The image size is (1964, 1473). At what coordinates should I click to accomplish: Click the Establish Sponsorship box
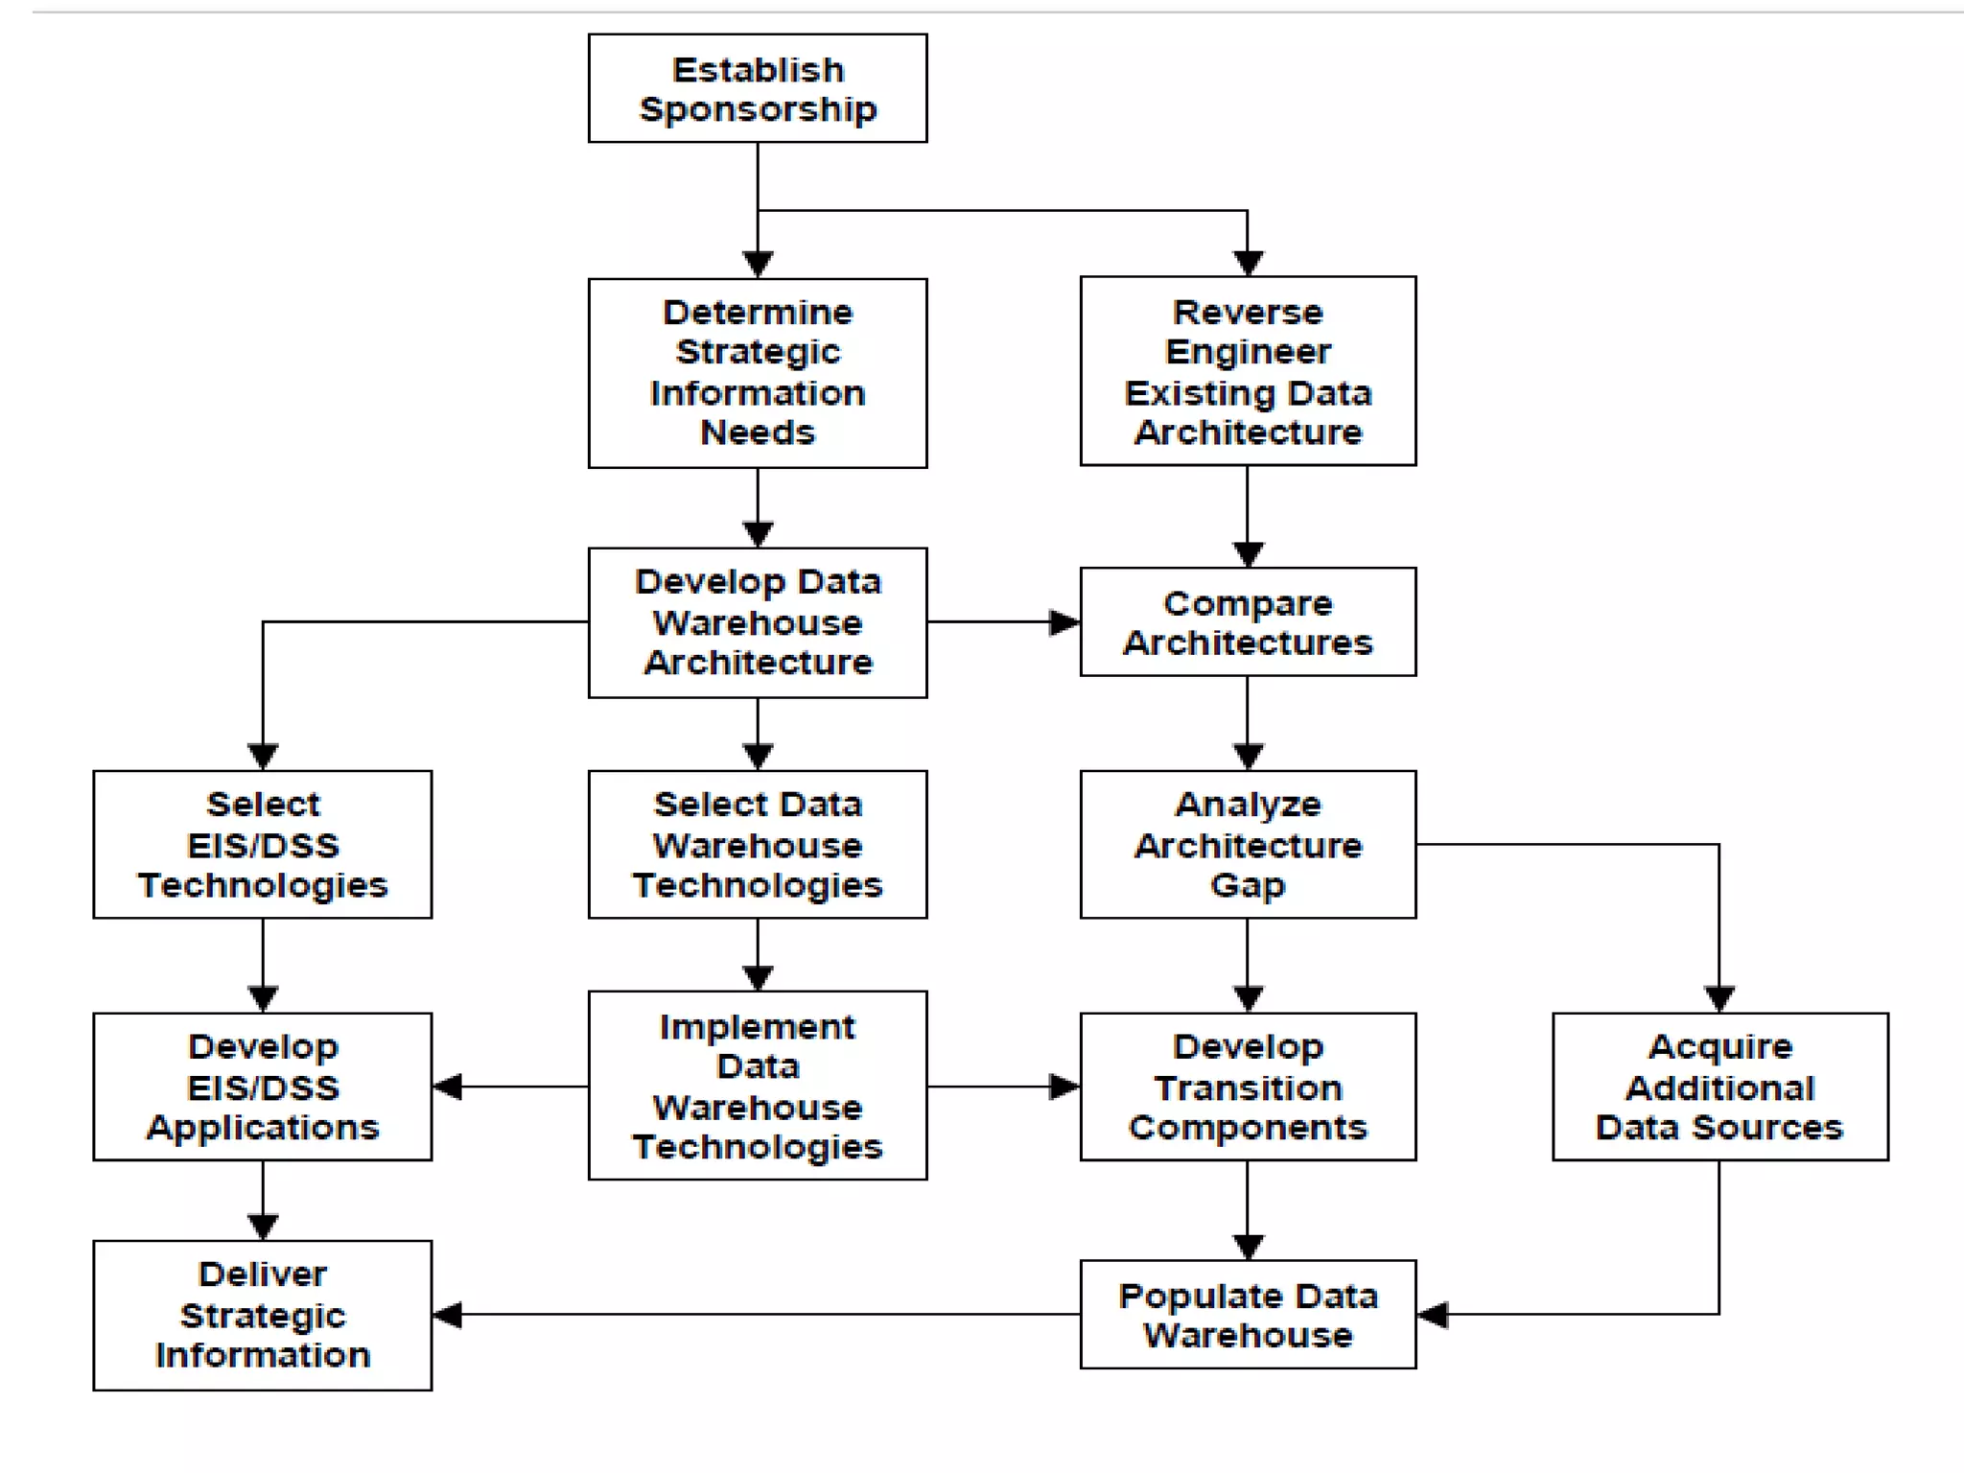[758, 88]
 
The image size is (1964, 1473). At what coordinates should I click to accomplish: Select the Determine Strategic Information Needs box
[758, 373]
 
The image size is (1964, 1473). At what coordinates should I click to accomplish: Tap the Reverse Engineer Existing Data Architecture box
[1248, 371]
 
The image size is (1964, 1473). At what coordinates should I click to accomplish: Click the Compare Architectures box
[1248, 621]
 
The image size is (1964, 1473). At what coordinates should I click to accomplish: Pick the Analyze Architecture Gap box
[1248, 844]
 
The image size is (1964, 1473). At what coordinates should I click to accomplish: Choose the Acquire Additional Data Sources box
[1719, 1087]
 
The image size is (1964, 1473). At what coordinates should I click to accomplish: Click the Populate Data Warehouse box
[1248, 1314]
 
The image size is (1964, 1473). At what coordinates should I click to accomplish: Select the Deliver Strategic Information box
[263, 1315]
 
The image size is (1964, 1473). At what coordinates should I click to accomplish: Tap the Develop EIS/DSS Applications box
[263, 1087]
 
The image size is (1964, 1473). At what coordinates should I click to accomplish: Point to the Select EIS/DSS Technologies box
[263, 844]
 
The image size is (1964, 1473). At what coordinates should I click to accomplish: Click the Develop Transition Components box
[1248, 1087]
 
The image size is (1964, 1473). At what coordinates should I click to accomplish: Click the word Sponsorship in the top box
[758, 110]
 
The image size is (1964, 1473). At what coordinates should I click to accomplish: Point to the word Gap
[1248, 885]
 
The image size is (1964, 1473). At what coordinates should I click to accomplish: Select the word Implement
[758, 1027]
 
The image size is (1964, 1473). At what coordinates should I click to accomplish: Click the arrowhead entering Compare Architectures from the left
[1064, 622]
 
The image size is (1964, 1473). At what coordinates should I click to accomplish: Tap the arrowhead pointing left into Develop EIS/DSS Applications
[448, 1087]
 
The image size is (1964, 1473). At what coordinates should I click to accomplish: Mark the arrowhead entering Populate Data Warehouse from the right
[1433, 1315]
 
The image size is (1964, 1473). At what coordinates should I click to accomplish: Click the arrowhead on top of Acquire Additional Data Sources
[1719, 998]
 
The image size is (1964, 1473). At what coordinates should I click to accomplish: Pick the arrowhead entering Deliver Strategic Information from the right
[448, 1315]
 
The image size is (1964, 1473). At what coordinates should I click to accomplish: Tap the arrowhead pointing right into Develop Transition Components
[1064, 1087]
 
